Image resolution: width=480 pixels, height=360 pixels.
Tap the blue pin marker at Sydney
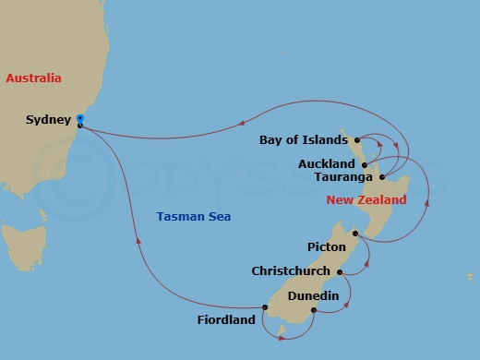pos(80,119)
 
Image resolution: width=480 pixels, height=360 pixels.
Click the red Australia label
pos(33,78)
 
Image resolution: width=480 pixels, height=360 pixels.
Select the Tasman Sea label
pos(194,217)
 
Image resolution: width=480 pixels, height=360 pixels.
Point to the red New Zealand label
pos(367,200)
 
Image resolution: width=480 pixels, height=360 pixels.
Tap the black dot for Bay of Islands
pos(355,141)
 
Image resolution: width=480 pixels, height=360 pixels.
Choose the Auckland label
pos(329,164)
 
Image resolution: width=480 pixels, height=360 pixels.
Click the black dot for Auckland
pos(366,164)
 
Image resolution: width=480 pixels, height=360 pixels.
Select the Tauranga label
pos(343,176)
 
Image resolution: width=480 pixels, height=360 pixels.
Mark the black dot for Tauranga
pos(382,176)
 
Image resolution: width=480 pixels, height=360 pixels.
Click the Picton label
pos(327,247)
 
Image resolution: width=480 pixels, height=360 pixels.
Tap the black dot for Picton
pos(355,234)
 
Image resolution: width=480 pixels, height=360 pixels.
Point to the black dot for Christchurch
pos(340,272)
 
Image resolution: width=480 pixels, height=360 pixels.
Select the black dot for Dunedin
pos(315,309)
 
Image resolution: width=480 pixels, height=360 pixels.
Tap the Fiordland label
pos(225,321)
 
